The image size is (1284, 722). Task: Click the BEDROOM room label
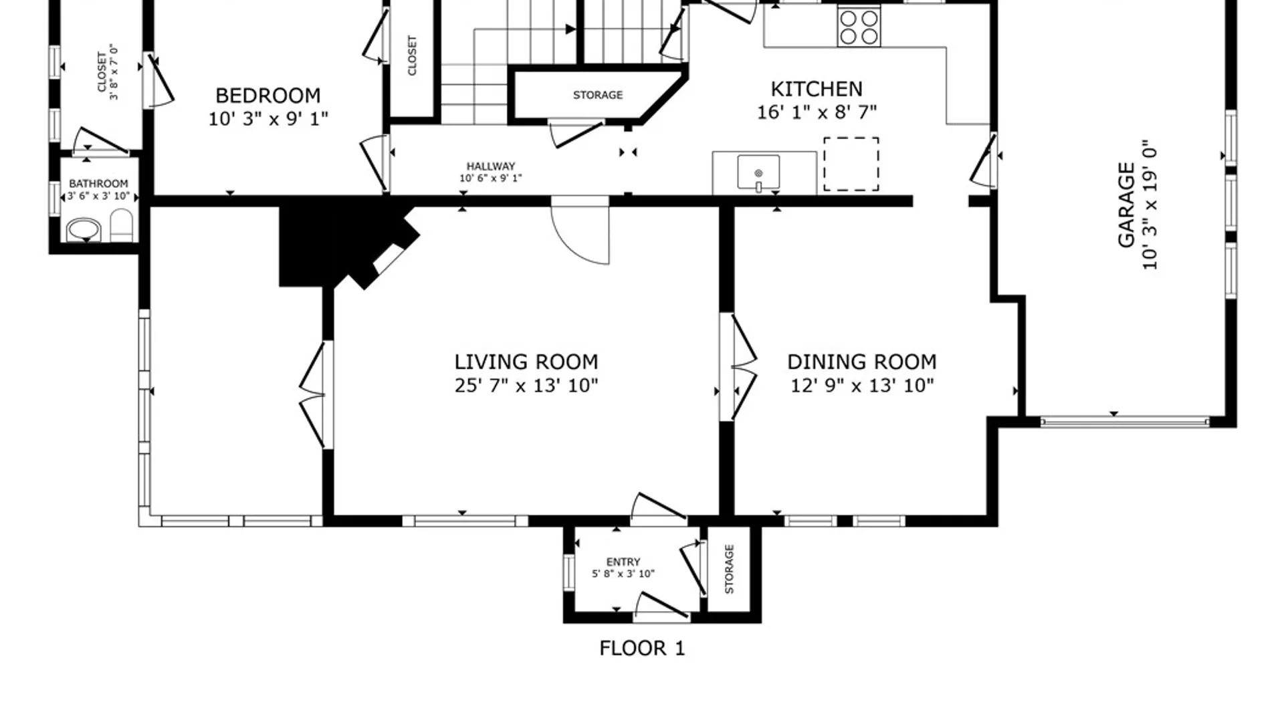click(267, 96)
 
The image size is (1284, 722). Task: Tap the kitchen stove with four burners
click(859, 27)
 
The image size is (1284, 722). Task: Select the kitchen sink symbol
click(758, 172)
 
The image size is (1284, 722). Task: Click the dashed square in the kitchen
click(851, 164)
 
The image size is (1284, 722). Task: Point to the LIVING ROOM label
click(526, 362)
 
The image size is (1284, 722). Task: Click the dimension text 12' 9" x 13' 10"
click(862, 386)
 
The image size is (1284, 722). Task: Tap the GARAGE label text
click(1127, 205)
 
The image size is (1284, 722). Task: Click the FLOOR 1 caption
click(642, 648)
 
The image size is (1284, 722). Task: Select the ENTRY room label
click(623, 562)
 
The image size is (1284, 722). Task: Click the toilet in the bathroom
click(122, 225)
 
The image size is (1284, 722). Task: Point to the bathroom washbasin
click(84, 230)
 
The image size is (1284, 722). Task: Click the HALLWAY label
click(491, 166)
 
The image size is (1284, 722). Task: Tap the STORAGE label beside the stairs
click(598, 95)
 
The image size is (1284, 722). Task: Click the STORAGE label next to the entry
click(729, 569)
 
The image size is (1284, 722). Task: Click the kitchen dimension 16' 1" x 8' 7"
click(817, 112)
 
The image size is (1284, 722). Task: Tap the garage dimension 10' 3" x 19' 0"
click(1150, 205)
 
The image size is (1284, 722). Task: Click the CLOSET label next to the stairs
click(412, 55)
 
